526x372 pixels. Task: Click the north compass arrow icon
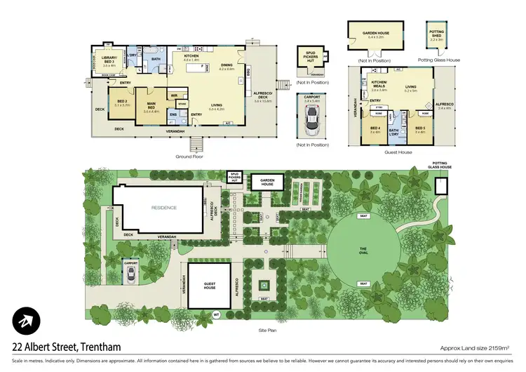[x=25, y=322]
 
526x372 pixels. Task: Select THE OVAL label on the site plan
[x=363, y=251]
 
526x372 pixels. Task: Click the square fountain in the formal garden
[x=264, y=286]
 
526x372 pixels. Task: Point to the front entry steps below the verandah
[x=197, y=144]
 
